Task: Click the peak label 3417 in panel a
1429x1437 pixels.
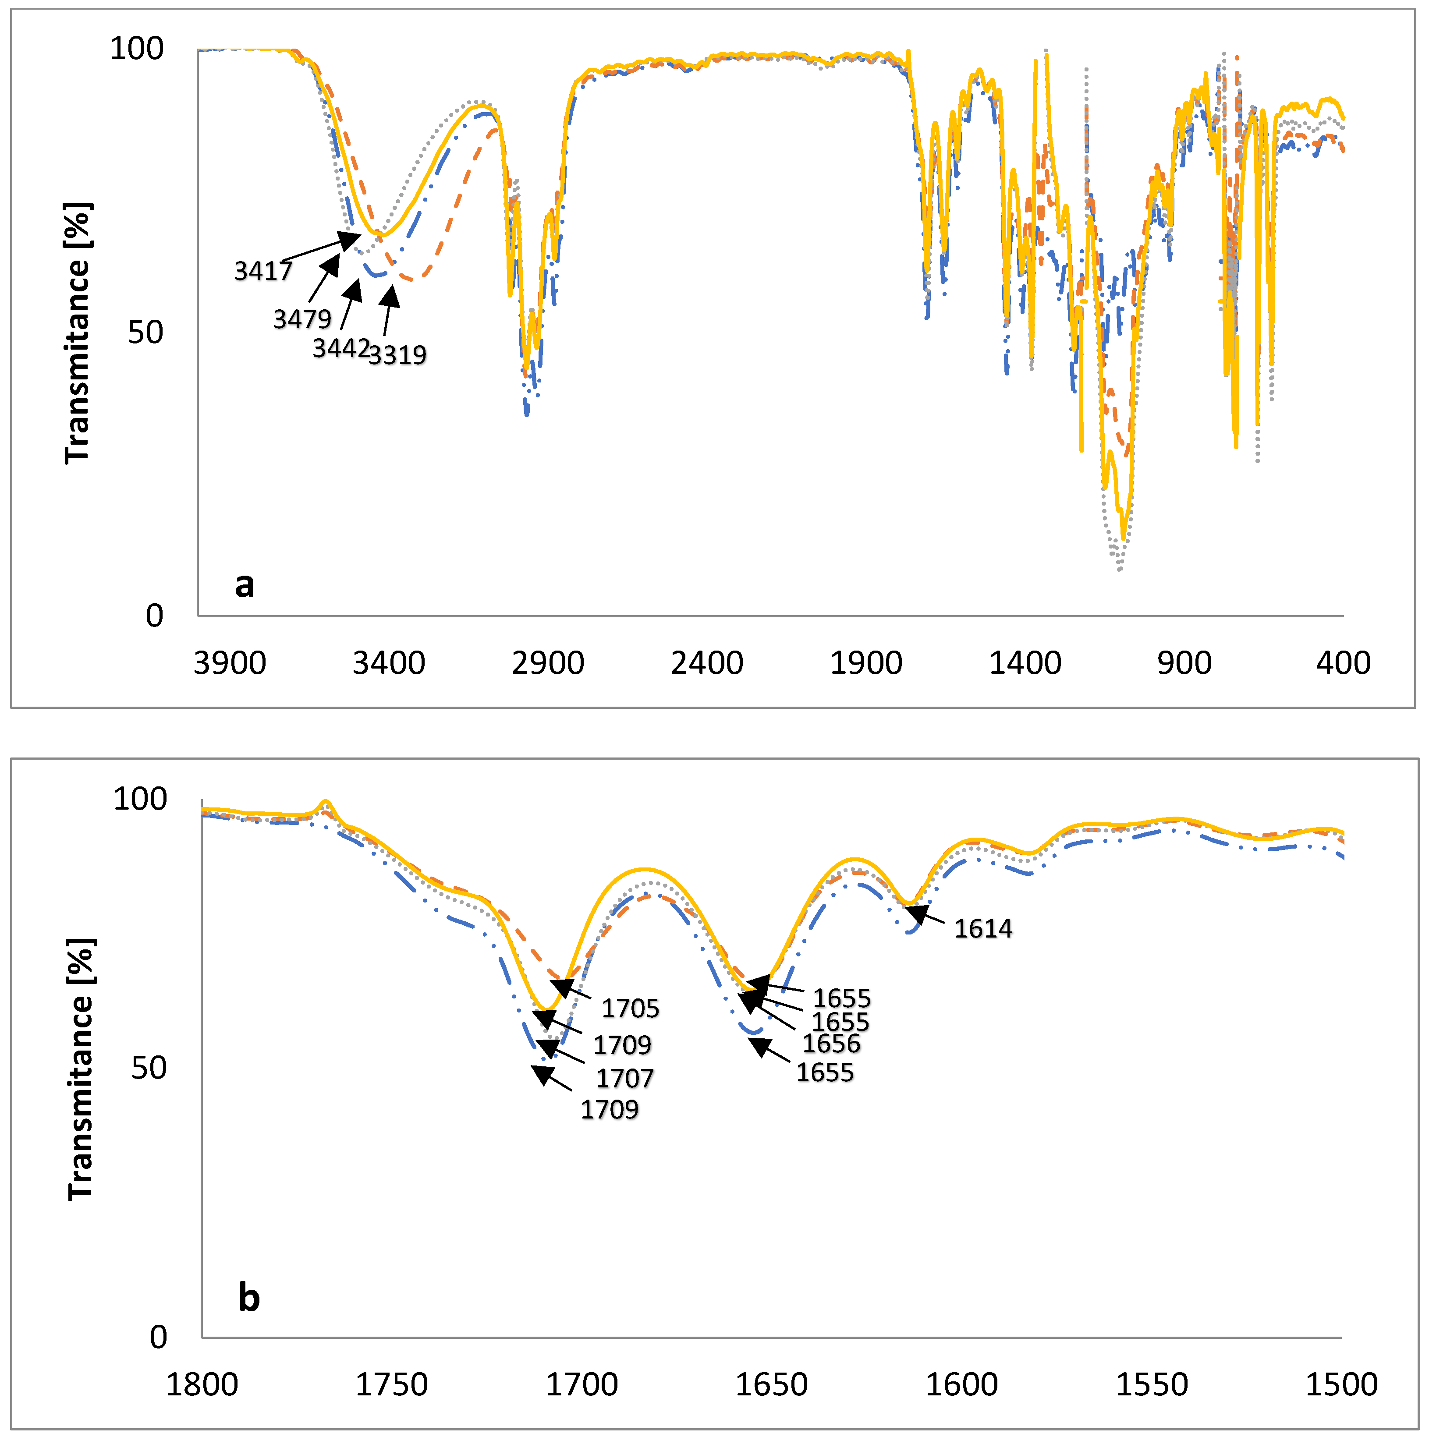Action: tap(263, 271)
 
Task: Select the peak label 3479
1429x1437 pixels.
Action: tap(302, 319)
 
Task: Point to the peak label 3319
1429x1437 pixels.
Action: tap(398, 355)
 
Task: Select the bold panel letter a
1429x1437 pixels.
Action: tap(245, 584)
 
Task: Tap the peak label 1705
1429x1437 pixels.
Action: tap(630, 1009)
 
